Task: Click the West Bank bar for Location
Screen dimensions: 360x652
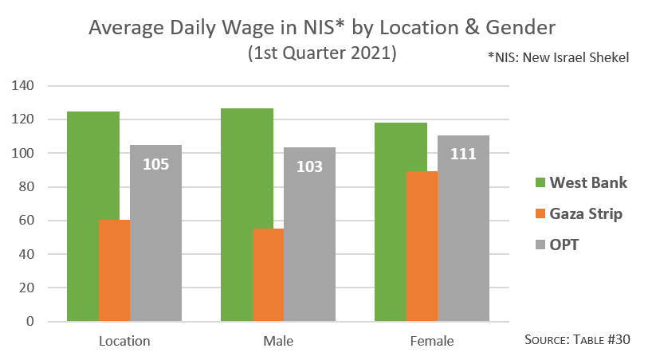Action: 83,215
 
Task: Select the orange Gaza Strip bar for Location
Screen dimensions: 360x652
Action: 114,271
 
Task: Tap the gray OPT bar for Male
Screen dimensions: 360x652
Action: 309,239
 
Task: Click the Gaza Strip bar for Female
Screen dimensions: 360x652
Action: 422,247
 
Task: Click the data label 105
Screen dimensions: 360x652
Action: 155,165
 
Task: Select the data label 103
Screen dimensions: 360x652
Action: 309,166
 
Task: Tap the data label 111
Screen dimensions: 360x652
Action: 463,154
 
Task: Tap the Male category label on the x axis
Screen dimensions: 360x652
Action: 278,342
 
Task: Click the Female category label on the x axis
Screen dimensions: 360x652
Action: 432,342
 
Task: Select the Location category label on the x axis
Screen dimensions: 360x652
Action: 124,342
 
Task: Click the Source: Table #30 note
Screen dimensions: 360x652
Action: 577,340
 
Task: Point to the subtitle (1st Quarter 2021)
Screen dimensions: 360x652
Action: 322,53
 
